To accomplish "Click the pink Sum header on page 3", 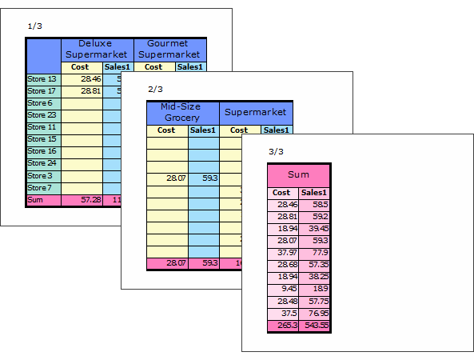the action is coord(298,176).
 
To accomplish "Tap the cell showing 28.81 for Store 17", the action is coord(82,91).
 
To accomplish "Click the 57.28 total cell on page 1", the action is coord(82,200).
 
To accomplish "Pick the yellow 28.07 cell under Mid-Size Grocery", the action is coord(168,178).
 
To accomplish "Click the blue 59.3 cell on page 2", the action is coord(204,178).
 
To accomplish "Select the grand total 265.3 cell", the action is coord(283,326).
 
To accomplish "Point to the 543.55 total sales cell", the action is coord(314,326).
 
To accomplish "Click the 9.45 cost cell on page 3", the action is coord(283,289).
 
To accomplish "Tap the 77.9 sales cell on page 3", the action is coord(314,253).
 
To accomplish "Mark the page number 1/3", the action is coord(34,26).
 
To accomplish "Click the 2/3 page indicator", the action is coord(155,90).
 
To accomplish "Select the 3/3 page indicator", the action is coord(276,151).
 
